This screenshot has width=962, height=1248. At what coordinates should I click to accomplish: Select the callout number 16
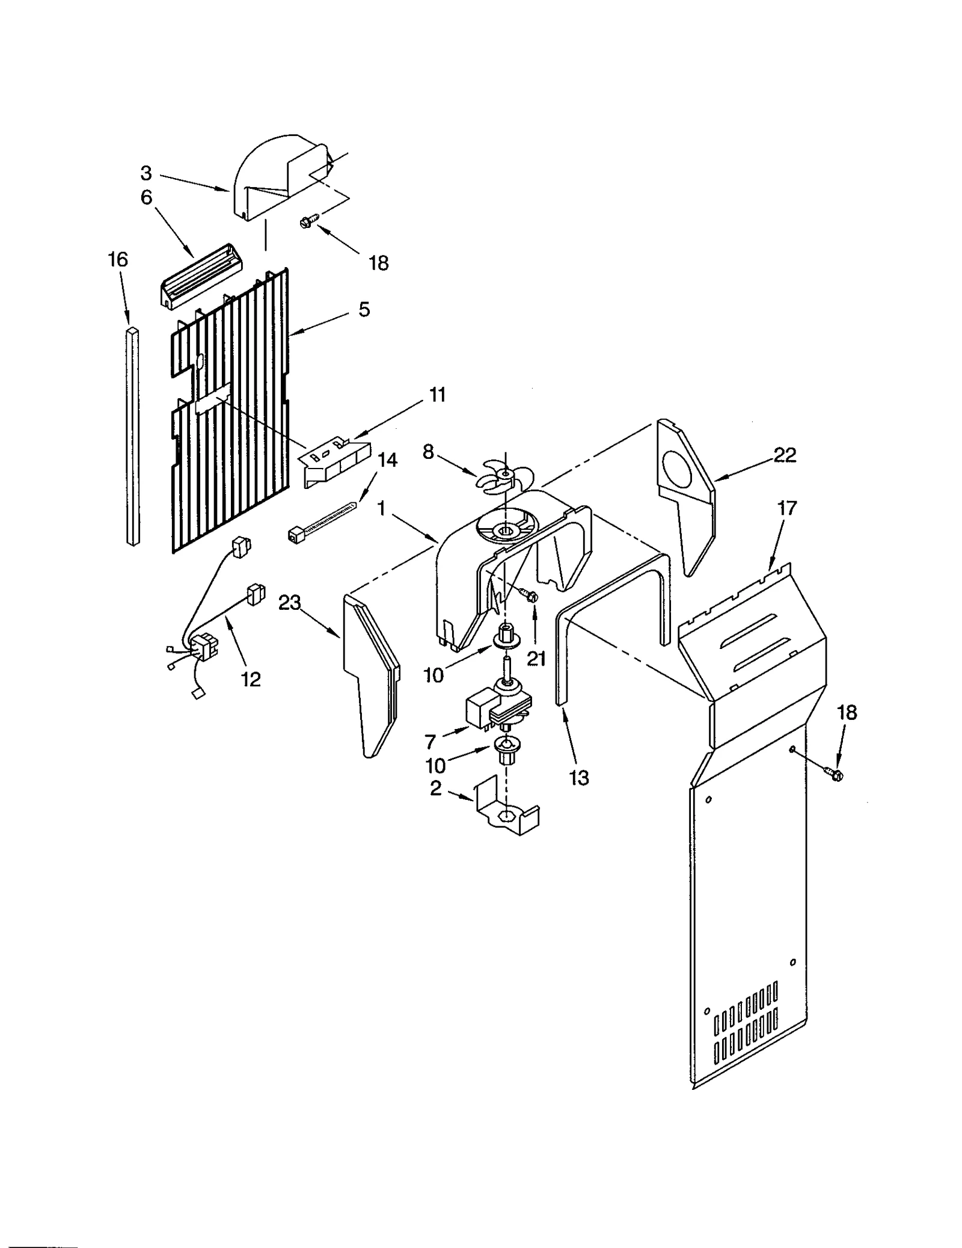(118, 260)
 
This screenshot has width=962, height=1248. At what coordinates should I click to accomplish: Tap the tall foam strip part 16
(133, 436)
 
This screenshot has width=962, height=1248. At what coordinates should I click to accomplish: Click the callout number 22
(785, 455)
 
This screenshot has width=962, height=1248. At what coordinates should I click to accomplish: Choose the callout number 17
(786, 508)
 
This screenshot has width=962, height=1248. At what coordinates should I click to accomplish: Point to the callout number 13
(579, 778)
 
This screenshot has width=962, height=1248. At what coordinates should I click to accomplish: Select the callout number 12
(251, 679)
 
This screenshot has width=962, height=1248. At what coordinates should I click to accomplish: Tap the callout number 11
(437, 395)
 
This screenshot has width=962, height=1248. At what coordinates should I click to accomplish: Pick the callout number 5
(364, 310)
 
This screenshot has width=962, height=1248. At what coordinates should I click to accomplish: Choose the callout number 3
(146, 173)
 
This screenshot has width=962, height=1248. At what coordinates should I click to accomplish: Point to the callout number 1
(381, 509)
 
